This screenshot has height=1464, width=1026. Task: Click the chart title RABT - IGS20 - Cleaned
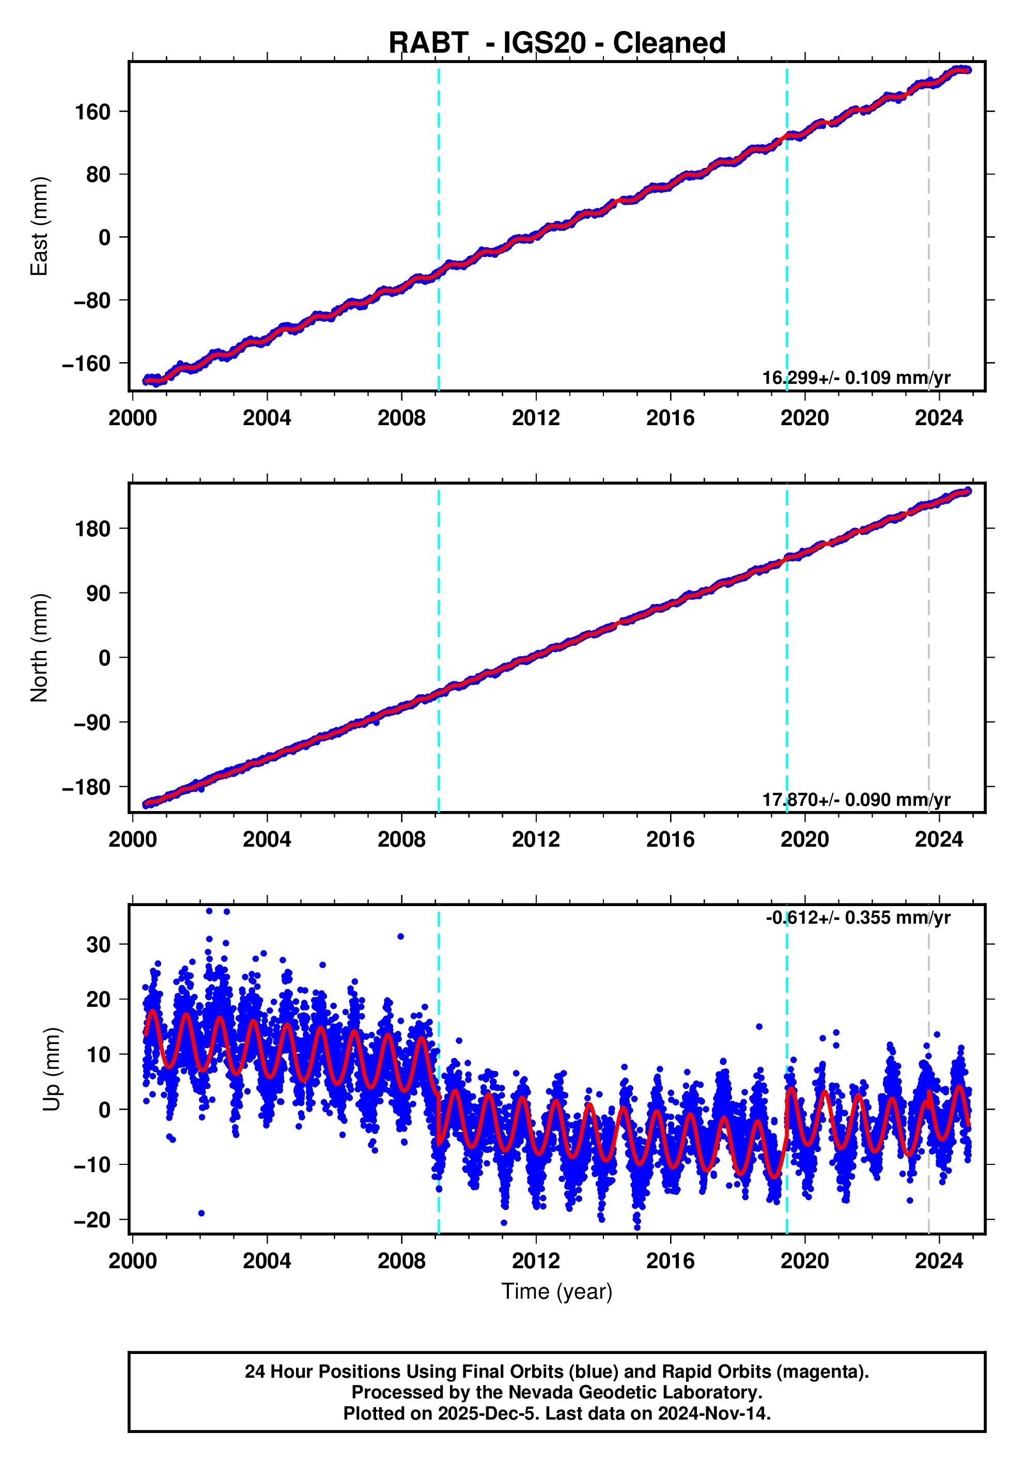coord(557,43)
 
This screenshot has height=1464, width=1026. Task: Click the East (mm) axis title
coord(40,226)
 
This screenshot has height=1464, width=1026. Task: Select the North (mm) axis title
coord(40,648)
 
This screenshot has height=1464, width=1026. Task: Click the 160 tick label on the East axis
coord(93,112)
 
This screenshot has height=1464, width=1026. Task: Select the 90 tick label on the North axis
coord(98,594)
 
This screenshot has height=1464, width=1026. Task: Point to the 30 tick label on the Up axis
coord(98,944)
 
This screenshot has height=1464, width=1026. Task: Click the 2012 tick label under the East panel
coord(536,418)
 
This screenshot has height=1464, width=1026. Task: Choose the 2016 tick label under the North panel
coord(670,840)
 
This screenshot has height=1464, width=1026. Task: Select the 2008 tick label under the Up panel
coord(401,1261)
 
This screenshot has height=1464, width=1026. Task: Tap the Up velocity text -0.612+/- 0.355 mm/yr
coord(858,917)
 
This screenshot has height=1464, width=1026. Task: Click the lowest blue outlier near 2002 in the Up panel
coord(201,1213)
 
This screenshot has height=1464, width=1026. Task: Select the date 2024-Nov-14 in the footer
coord(714,1413)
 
